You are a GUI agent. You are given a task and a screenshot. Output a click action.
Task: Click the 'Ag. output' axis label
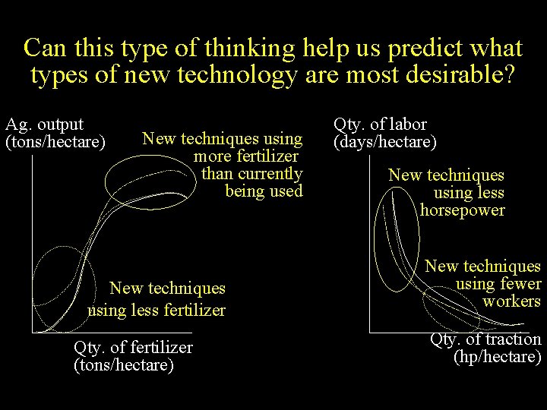pos(44,124)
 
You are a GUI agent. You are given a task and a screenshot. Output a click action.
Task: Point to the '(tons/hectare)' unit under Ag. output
pos(55,141)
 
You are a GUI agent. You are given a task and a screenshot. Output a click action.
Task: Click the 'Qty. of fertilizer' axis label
pos(133,348)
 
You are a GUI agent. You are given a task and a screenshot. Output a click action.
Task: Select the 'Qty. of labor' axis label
pos(380,124)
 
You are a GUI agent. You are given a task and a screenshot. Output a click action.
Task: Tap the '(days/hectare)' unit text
pos(385,141)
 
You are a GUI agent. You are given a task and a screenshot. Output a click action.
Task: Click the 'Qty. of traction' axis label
pos(485,339)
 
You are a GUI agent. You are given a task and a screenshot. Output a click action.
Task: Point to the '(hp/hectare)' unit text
pos(497,357)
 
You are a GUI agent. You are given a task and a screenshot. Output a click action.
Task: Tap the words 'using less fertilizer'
pos(157,310)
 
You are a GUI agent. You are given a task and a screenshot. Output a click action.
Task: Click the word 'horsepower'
pos(462,210)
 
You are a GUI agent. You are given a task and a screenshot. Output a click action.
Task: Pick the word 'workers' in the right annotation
pos(511,301)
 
